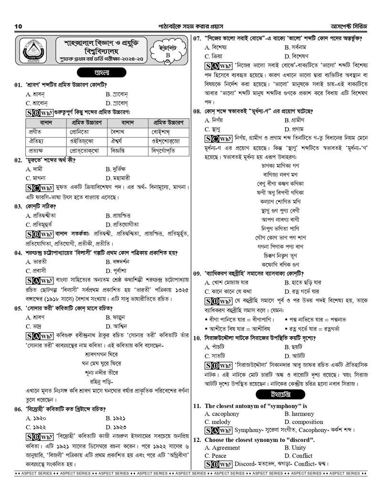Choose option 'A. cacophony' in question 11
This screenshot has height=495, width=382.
click(222, 414)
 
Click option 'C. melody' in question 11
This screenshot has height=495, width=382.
click(217, 422)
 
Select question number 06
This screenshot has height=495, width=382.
click(18, 409)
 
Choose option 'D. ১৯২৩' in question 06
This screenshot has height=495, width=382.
click(116, 427)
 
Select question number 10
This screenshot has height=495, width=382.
click(197, 338)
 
